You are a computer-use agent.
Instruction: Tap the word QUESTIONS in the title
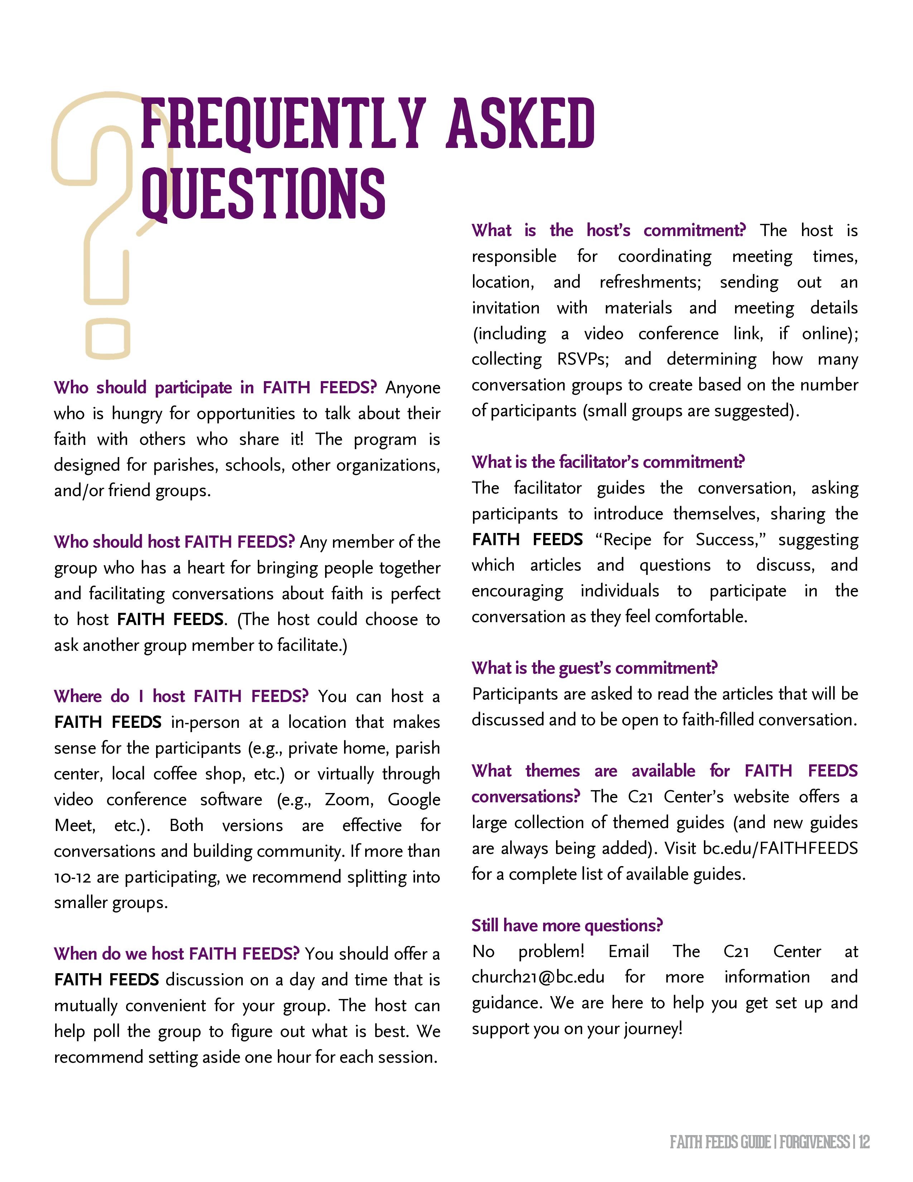(263, 194)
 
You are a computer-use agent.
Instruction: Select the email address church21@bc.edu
(538, 977)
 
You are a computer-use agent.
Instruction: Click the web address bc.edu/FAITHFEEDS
(780, 848)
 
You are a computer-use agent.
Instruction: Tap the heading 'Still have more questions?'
(567, 926)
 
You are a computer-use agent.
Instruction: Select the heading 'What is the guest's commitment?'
(594, 668)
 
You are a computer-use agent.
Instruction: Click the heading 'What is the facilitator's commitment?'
(608, 462)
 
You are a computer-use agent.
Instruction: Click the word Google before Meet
(414, 799)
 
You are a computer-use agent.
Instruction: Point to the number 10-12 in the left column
(72, 877)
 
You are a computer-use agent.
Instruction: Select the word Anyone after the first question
(413, 388)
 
